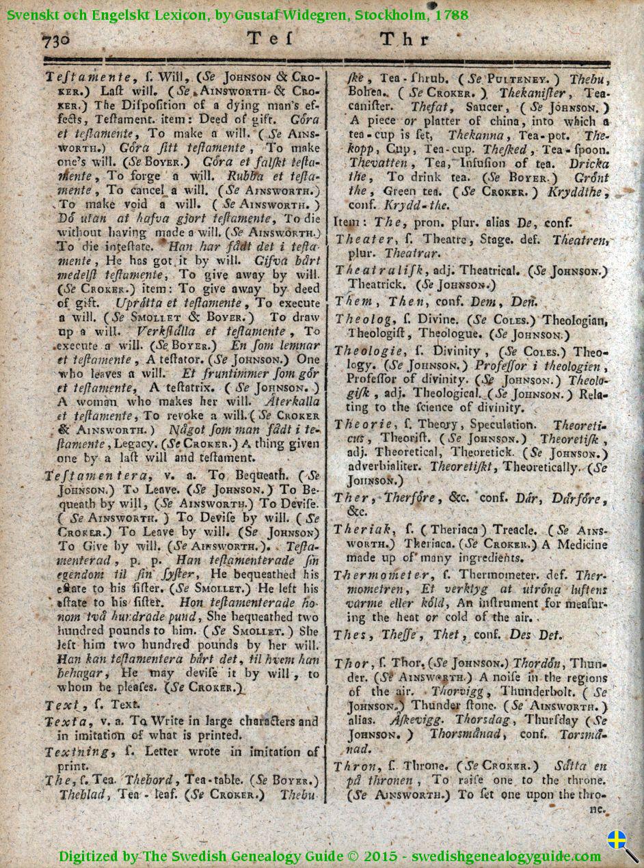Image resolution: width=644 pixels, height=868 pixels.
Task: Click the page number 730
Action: (x=56, y=40)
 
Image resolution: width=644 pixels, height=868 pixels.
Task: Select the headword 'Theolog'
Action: (x=363, y=318)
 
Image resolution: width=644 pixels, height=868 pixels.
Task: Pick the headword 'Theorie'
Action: (x=363, y=424)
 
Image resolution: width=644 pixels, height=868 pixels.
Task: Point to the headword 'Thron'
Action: (x=355, y=765)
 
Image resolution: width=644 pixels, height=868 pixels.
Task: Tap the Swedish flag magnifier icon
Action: (x=622, y=845)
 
